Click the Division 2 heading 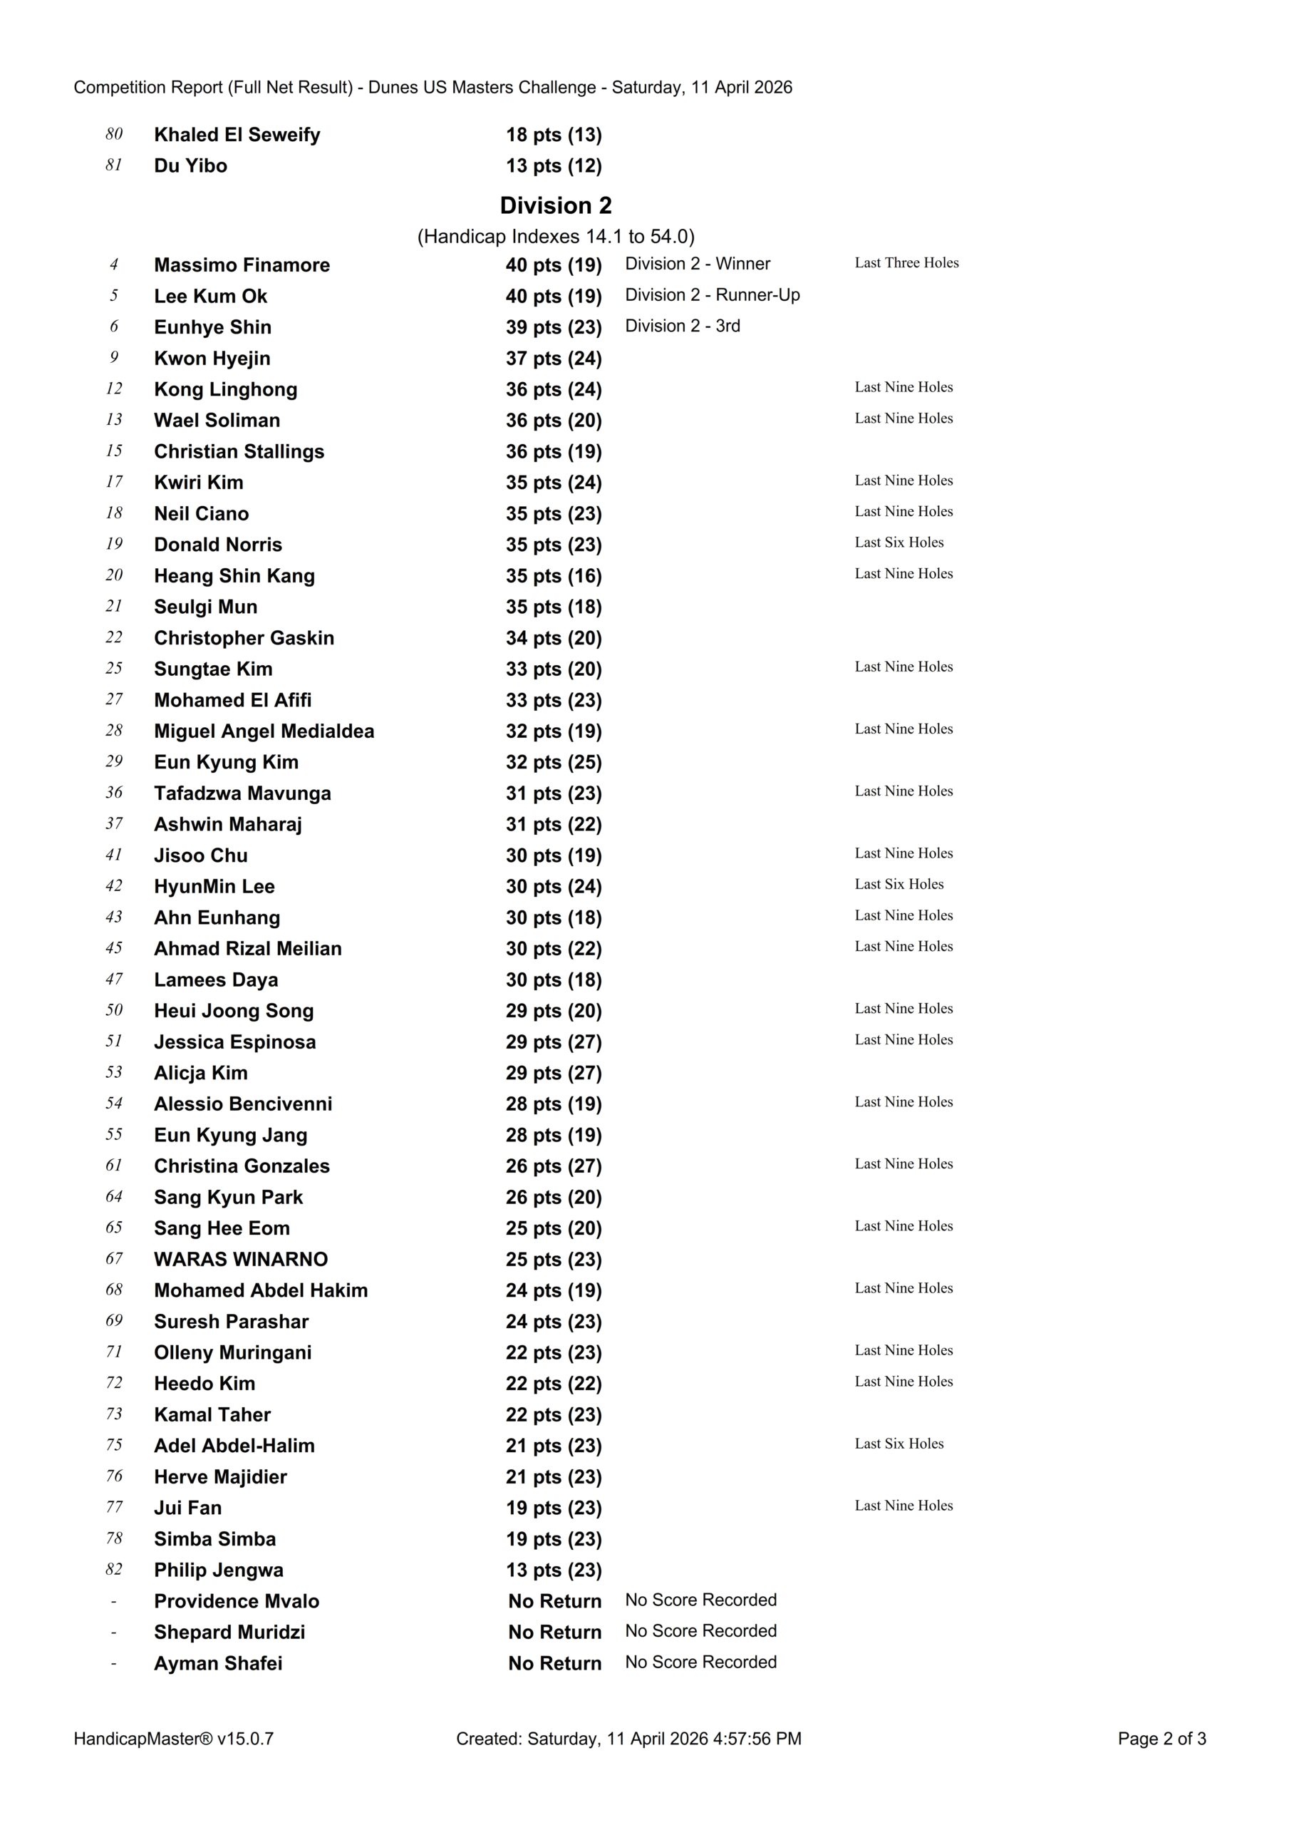(x=556, y=206)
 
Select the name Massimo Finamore (x=242, y=264)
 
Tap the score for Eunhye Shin (x=554, y=327)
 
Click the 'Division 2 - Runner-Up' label (x=712, y=295)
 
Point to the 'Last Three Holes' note (x=907, y=263)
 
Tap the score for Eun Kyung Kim (x=554, y=762)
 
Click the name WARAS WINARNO (x=241, y=1259)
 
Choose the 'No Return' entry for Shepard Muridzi (x=554, y=1632)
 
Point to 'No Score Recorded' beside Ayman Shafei (x=701, y=1662)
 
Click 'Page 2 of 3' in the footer (x=1161, y=1738)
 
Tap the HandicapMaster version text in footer (x=174, y=1738)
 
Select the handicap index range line (x=556, y=237)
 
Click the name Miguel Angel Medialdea (x=264, y=731)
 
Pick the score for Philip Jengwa (x=554, y=1570)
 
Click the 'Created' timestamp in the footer (x=628, y=1738)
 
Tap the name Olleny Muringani (x=233, y=1353)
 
